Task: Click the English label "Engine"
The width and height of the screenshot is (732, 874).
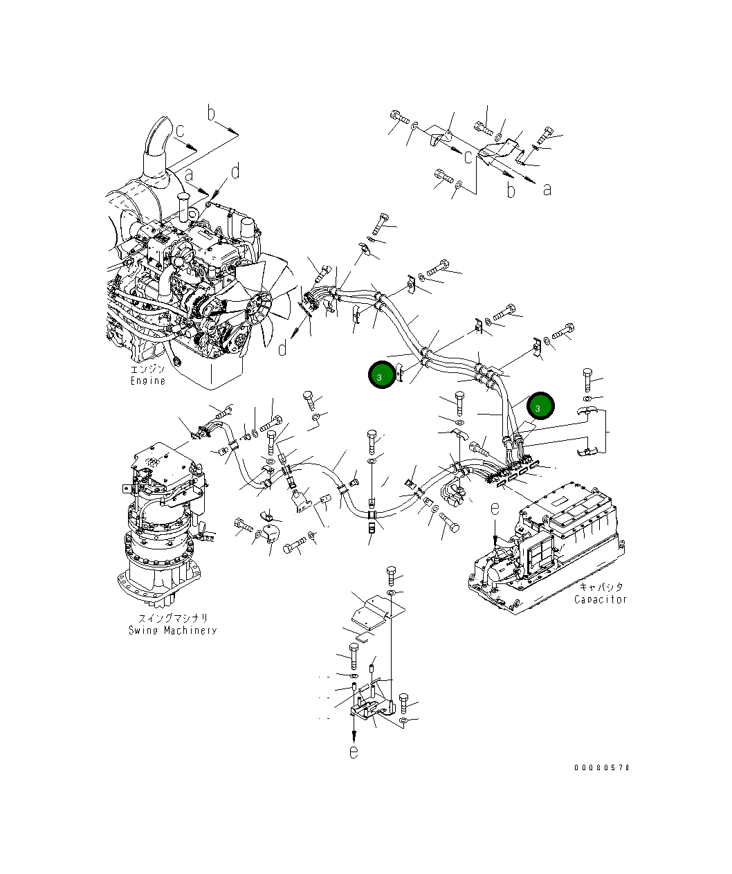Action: (148, 381)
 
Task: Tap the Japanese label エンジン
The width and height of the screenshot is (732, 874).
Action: (148, 370)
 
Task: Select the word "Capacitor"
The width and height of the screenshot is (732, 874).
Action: (600, 599)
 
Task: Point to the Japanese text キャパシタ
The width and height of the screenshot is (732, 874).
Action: (601, 587)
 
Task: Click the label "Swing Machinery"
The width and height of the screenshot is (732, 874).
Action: (172, 630)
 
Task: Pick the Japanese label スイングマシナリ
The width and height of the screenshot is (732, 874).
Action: (172, 618)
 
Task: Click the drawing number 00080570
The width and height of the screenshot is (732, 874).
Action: (601, 767)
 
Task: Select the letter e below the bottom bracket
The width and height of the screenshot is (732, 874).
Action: (354, 752)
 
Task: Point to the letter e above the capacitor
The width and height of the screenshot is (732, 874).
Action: (495, 509)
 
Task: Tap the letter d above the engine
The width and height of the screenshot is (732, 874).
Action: (235, 171)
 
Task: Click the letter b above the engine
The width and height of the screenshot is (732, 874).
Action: (212, 113)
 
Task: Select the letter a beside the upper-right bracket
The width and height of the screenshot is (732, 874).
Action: (547, 189)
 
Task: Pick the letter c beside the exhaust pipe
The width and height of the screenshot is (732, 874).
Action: (179, 130)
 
